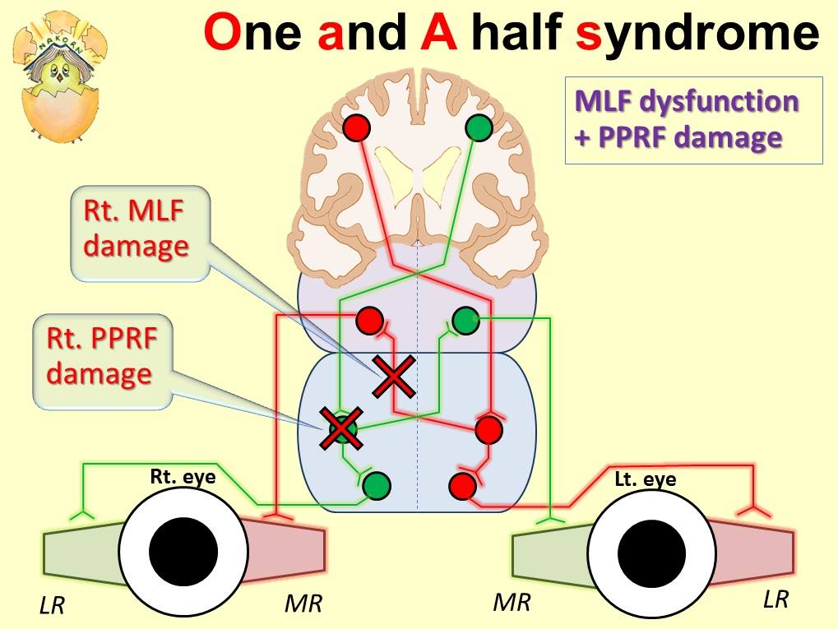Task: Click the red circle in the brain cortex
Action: coord(356,127)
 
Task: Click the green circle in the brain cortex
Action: coord(479,127)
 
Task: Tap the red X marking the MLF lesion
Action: coord(394,377)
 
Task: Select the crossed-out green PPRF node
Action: coord(341,428)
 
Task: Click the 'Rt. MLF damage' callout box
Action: coord(140,234)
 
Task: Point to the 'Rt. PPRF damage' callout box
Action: coord(103,361)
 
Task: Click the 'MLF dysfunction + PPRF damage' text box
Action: coord(694,120)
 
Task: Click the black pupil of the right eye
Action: coord(183,551)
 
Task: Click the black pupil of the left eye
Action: coord(651,551)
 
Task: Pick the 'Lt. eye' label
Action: coord(645,479)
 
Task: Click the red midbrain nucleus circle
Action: coord(370,321)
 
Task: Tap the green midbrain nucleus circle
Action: coord(465,321)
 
